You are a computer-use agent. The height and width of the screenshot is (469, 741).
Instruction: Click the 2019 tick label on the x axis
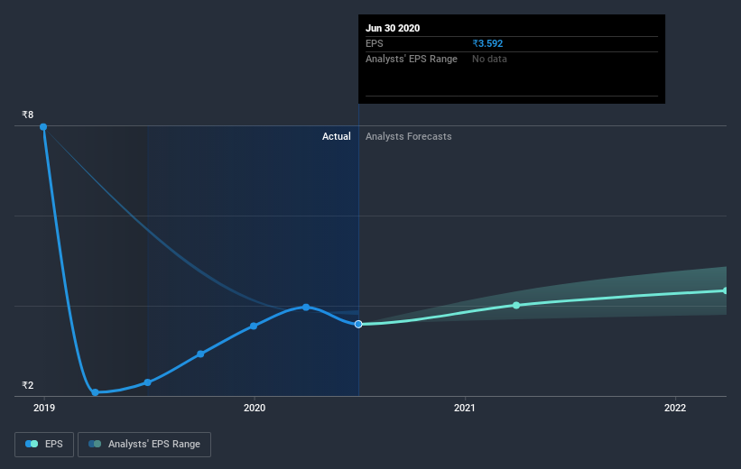pyautogui.click(x=44, y=408)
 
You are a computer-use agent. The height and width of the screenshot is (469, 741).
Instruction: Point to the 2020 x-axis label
pyautogui.click(x=255, y=408)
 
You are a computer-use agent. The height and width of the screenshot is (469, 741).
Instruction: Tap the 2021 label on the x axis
pyautogui.click(x=465, y=408)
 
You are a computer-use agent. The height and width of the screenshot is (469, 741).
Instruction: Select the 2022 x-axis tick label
pyautogui.click(x=675, y=408)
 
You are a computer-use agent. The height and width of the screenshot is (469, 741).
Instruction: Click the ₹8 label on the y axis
pyautogui.click(x=28, y=115)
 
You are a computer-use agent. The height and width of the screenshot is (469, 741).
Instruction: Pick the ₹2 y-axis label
pyautogui.click(x=28, y=385)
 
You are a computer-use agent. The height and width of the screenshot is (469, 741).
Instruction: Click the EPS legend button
pyautogui.click(x=44, y=445)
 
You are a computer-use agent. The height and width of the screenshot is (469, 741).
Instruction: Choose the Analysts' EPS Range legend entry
pyautogui.click(x=144, y=445)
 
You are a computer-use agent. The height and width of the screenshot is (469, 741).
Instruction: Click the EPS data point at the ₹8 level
pyautogui.click(x=43, y=126)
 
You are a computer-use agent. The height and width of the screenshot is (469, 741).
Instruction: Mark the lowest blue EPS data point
pyautogui.click(x=95, y=392)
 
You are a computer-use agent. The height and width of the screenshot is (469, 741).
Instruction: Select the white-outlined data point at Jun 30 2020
pyautogui.click(x=358, y=324)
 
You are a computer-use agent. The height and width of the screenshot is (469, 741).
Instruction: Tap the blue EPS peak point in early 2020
pyautogui.click(x=306, y=307)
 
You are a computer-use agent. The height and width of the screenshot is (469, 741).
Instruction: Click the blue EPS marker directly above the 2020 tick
pyautogui.click(x=254, y=326)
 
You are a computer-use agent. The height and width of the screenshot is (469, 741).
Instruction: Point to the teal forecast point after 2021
pyautogui.click(x=516, y=305)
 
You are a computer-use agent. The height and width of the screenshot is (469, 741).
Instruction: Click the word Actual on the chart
pyautogui.click(x=337, y=136)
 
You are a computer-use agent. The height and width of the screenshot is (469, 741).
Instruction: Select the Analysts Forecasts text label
pyautogui.click(x=408, y=136)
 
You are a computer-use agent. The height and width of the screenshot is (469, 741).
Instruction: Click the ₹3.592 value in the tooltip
pyautogui.click(x=487, y=43)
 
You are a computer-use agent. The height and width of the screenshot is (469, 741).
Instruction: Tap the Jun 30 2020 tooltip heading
pyautogui.click(x=393, y=28)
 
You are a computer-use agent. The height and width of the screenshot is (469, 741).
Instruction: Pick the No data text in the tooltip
pyautogui.click(x=489, y=59)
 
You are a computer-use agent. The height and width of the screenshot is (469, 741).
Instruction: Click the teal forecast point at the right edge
pyautogui.click(x=726, y=290)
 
